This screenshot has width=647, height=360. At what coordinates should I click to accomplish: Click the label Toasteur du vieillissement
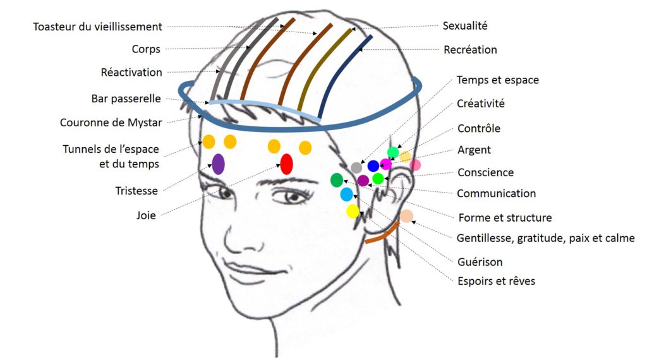[98, 27]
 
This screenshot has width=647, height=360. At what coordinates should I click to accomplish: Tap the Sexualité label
[465, 26]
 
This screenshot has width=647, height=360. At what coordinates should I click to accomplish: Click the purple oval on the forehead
[219, 164]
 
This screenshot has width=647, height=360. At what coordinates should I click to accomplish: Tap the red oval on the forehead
[286, 164]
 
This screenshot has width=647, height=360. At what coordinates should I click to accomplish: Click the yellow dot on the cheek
[353, 211]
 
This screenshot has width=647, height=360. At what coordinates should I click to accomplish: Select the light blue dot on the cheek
[346, 195]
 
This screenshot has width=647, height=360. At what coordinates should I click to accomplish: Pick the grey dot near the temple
[356, 167]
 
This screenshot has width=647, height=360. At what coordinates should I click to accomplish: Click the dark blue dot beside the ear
[373, 165]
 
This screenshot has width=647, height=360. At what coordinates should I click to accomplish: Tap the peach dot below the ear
[406, 216]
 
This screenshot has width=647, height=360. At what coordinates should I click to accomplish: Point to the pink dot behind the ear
[414, 165]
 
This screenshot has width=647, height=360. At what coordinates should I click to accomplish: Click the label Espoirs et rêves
[496, 280]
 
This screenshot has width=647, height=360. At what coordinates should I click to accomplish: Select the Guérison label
[480, 261]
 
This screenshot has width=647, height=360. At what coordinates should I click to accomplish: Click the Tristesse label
[136, 190]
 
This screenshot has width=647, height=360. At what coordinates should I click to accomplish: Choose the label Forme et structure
[504, 218]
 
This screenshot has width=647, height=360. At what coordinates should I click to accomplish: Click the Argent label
[474, 150]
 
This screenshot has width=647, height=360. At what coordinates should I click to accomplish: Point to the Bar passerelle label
[126, 99]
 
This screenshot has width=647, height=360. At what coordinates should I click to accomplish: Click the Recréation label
[470, 49]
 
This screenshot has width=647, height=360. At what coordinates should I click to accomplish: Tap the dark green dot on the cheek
[337, 180]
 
